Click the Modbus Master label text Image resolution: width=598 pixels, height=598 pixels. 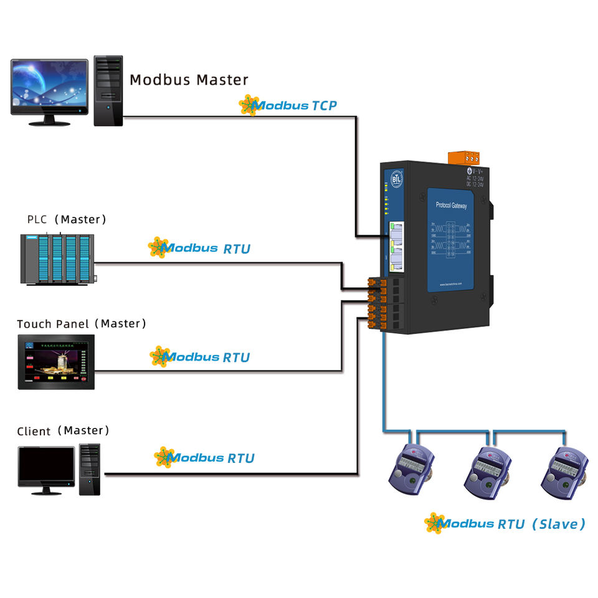pos(189,80)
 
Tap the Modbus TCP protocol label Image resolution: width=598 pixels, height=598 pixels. pos(288,105)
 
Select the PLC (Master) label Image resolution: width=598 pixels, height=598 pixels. pos(67,220)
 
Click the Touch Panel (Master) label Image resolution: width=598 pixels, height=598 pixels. pos(82,324)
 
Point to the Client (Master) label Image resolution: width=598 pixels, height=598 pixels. pos(63,431)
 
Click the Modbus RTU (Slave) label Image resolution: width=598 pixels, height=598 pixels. pos(505,524)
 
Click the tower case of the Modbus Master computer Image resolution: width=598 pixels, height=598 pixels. pos(108,90)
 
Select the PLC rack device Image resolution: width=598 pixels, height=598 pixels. pos(58,259)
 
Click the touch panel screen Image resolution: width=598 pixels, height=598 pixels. pos(56,361)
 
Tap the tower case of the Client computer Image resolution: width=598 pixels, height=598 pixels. pos(90,469)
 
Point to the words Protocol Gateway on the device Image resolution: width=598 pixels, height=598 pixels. pos(451,206)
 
